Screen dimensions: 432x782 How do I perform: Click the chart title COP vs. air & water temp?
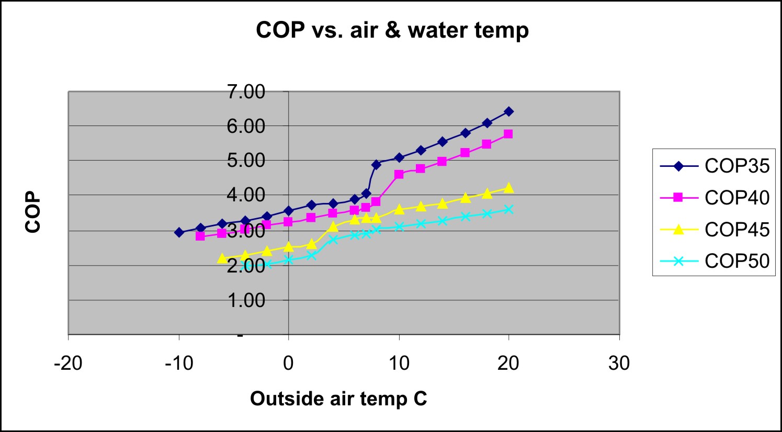pyautogui.click(x=392, y=30)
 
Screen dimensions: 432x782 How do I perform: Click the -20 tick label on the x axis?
pyautogui.click(x=68, y=363)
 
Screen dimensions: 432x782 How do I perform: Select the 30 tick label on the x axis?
pyautogui.click(x=619, y=363)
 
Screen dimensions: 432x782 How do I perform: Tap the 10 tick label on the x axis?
pyautogui.click(x=399, y=363)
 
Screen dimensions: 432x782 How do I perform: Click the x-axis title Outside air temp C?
pyautogui.click(x=338, y=399)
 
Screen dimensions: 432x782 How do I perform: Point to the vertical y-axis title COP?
pyautogui.click(x=33, y=212)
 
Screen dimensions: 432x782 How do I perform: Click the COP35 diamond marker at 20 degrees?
pyautogui.click(x=508, y=111)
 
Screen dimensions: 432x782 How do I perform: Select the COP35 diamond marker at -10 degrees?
pyautogui.click(x=179, y=232)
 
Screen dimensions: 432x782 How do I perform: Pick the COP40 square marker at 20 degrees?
pyautogui.click(x=508, y=134)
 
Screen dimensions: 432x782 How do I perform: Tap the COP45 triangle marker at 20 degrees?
pyautogui.click(x=508, y=188)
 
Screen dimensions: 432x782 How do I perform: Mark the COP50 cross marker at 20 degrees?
pyautogui.click(x=508, y=209)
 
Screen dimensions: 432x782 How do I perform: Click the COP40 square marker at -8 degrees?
pyautogui.click(x=200, y=236)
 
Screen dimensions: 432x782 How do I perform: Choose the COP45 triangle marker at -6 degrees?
pyautogui.click(x=222, y=258)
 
